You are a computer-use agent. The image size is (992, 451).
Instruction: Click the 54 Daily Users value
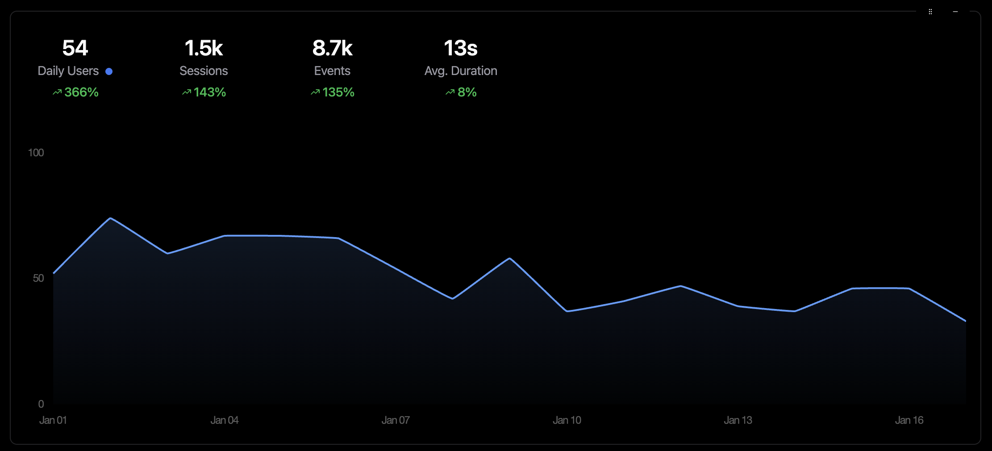pos(75,48)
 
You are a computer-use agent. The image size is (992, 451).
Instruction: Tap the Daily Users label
pos(68,71)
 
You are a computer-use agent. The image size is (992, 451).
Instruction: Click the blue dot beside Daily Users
pos(109,71)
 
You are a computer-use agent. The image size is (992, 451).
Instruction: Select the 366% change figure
pos(81,92)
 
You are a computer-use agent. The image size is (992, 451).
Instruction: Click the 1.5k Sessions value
pos(204,48)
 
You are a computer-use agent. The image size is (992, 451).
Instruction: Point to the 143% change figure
pos(209,92)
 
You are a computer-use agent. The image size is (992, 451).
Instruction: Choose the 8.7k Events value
pos(332,48)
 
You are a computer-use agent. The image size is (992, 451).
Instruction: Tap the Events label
pos(332,71)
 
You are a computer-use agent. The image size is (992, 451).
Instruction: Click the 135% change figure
pos(338,92)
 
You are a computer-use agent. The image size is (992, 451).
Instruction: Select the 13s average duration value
pos(461,48)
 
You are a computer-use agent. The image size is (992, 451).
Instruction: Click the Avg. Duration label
pos(461,71)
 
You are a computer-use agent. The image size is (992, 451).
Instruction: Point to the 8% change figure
pos(467,92)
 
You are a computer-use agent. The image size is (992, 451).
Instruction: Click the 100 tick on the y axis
pos(36,153)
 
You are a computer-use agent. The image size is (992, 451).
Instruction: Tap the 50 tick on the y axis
pos(38,278)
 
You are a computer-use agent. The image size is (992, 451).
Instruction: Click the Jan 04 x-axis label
pos(225,420)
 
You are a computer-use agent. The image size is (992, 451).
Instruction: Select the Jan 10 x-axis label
pos(567,420)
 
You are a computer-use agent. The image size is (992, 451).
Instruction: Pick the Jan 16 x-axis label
pos(909,420)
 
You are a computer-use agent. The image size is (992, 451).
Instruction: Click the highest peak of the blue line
pos(110,218)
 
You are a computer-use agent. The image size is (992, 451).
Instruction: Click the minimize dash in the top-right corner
pos(955,12)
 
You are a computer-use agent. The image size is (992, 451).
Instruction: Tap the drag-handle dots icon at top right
pos(930,12)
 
